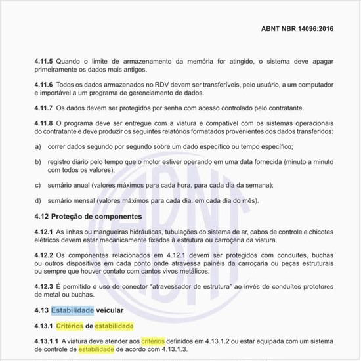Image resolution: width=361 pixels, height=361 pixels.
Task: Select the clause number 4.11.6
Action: (x=46, y=86)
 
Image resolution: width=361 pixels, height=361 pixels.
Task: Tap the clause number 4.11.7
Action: (x=46, y=106)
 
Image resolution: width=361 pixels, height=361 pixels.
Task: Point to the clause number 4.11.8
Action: (x=46, y=123)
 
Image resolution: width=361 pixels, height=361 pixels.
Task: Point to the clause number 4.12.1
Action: (x=46, y=232)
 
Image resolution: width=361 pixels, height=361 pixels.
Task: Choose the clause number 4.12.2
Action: (x=46, y=255)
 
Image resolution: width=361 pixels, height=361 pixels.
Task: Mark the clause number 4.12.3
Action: (x=46, y=287)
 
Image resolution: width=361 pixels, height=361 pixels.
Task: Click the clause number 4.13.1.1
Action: (x=49, y=341)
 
